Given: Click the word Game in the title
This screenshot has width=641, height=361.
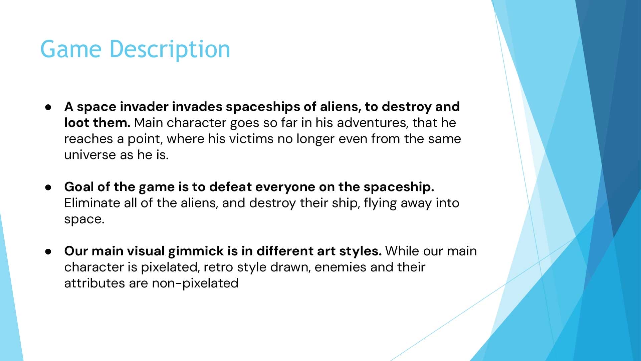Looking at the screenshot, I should pyautogui.click(x=70, y=49).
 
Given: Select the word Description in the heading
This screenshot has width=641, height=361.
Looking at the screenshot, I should pyautogui.click(x=170, y=49).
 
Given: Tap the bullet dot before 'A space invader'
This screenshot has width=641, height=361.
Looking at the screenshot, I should pyautogui.click(x=49, y=107).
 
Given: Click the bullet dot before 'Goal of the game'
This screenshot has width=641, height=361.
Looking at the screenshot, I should pyautogui.click(x=49, y=187).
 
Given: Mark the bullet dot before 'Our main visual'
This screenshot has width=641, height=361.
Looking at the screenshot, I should pyautogui.click(x=49, y=251).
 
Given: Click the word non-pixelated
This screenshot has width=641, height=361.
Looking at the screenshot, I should pyautogui.click(x=195, y=283).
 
